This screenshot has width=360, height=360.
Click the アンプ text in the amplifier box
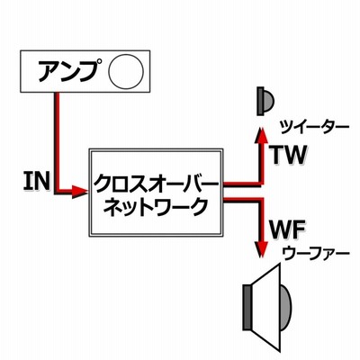point(68,71)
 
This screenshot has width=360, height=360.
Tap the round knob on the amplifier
point(126,71)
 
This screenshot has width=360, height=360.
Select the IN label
point(37,181)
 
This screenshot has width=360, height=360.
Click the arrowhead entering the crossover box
point(80,191)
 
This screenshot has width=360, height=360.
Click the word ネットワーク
point(156,206)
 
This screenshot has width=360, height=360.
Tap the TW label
point(288,155)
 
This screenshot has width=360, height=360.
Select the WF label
point(287,230)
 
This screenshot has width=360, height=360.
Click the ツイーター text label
point(314,128)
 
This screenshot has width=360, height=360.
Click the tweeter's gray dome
point(269,101)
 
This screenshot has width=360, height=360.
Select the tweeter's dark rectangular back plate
point(260,101)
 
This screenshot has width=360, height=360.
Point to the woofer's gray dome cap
point(285,308)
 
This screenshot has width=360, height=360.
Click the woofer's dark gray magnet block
point(247,307)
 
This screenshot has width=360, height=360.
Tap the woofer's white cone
point(265,307)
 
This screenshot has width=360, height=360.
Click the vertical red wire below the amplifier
point(57,141)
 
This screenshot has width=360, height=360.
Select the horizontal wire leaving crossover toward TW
point(242,184)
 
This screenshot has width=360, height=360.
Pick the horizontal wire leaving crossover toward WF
point(242,200)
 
